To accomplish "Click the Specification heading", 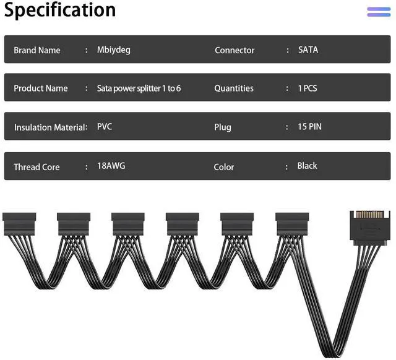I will pyautogui.click(x=59, y=11).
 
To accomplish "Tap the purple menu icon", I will pyautogui.click(x=379, y=12).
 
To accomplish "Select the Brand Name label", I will pyautogui.click(x=37, y=50).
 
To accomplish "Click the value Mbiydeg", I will pyautogui.click(x=114, y=49).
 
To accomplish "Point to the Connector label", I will pyautogui.click(x=235, y=50).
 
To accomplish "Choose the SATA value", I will pyautogui.click(x=308, y=49).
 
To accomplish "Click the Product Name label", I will pyautogui.click(x=41, y=88).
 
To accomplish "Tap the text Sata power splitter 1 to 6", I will pyautogui.click(x=139, y=88).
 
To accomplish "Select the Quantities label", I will pyautogui.click(x=234, y=88).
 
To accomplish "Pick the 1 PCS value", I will pyautogui.click(x=308, y=88).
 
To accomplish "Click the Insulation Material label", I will pyautogui.click(x=50, y=127).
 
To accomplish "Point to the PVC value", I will pyautogui.click(x=105, y=127).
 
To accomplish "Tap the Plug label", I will pyautogui.click(x=223, y=127).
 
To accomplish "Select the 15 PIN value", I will pyautogui.click(x=310, y=127).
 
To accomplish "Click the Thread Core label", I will pyautogui.click(x=37, y=167).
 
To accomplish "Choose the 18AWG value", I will pyautogui.click(x=111, y=166).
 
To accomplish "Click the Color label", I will pyautogui.click(x=224, y=167).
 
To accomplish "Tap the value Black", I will pyautogui.click(x=308, y=166).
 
